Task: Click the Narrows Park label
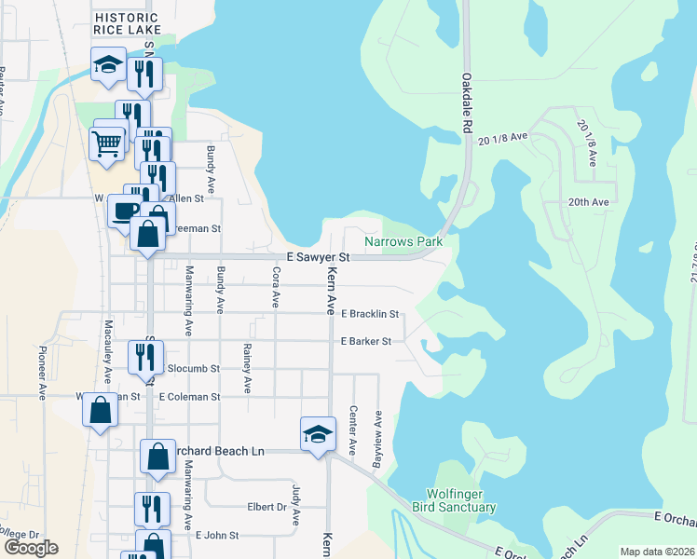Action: coord(403,241)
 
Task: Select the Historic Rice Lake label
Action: coord(128,24)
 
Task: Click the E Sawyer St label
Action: coord(318,257)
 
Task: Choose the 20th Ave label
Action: coord(587,202)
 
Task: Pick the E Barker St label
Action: coord(365,342)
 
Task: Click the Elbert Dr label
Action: coord(266,508)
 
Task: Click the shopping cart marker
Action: coord(106,144)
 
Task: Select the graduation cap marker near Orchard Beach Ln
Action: coord(318,434)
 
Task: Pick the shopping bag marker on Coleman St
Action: coord(101,410)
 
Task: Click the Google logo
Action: coord(31,548)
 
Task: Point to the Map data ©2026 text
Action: coord(657,552)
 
